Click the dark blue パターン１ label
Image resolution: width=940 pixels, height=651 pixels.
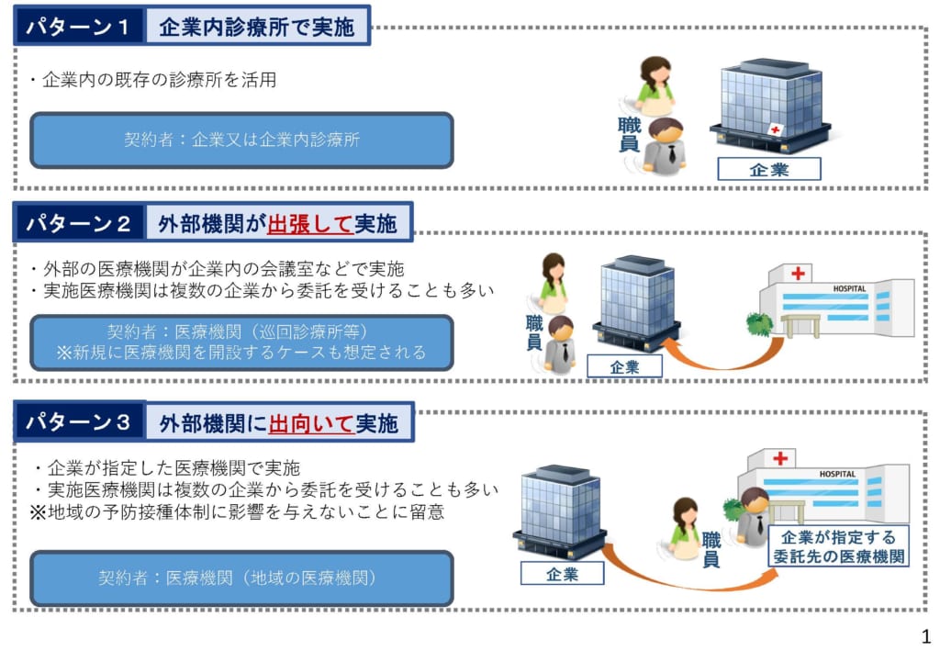[x=78, y=27]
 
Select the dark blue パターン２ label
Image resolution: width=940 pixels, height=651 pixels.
[x=78, y=222]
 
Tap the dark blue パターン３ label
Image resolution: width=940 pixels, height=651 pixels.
[x=78, y=422]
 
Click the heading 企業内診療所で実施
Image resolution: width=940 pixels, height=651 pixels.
[x=256, y=27]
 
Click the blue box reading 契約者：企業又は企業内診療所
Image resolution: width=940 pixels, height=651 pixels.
[x=241, y=140]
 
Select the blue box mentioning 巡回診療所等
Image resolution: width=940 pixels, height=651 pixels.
[x=241, y=342]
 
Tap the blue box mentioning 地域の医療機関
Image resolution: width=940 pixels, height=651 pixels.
[x=241, y=578]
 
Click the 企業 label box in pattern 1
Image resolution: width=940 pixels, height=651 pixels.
[x=768, y=169]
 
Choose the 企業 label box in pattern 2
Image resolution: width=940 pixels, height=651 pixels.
[x=624, y=366]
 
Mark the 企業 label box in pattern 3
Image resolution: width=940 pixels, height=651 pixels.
[x=562, y=574]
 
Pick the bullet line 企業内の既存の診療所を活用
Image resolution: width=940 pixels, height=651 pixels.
[x=152, y=80]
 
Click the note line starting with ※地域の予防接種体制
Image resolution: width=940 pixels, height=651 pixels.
[x=237, y=512]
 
